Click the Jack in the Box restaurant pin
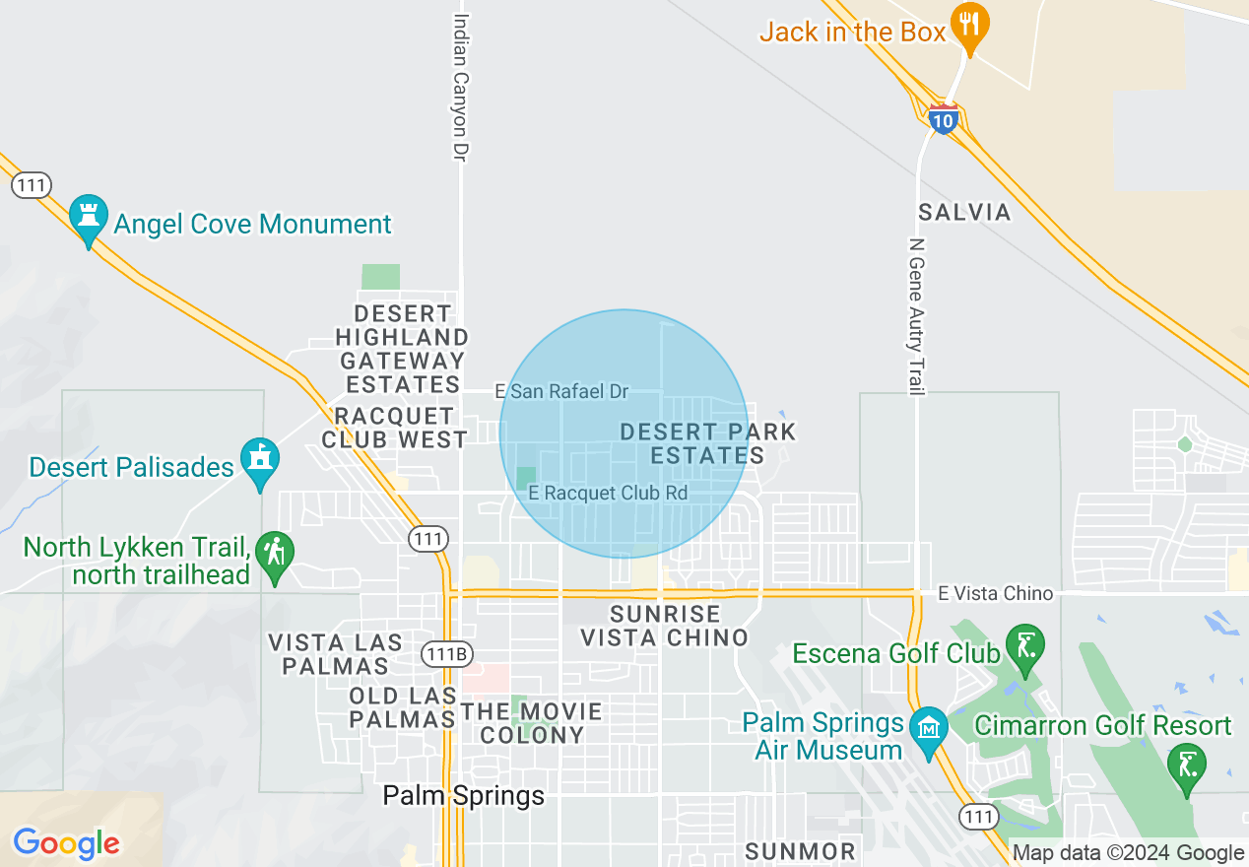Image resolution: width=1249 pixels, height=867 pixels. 970,23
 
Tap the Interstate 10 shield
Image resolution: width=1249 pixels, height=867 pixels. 944,119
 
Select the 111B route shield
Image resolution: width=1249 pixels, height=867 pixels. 447,654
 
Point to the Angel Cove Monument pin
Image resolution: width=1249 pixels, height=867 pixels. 89,217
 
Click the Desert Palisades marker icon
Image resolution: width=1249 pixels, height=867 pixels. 260,460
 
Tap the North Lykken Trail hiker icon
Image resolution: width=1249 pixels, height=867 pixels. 275,554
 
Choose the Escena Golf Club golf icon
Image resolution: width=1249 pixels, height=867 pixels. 1025,647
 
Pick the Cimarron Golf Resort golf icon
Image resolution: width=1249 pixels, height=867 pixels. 1186,766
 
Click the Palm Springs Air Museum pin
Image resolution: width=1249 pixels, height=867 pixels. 928,729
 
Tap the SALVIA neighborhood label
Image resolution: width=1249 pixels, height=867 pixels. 964,212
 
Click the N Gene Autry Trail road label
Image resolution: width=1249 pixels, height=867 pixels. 917,316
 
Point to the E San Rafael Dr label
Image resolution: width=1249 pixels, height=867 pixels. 561,392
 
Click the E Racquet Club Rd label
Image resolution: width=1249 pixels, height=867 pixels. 608,493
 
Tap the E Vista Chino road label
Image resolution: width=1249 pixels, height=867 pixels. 995,593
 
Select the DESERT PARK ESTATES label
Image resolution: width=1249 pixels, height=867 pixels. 707,443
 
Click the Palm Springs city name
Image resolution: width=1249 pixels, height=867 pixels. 463,795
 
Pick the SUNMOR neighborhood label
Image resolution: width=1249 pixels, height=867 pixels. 801,850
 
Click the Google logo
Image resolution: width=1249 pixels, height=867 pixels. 66,843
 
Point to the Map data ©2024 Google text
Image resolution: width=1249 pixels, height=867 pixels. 1128,853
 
